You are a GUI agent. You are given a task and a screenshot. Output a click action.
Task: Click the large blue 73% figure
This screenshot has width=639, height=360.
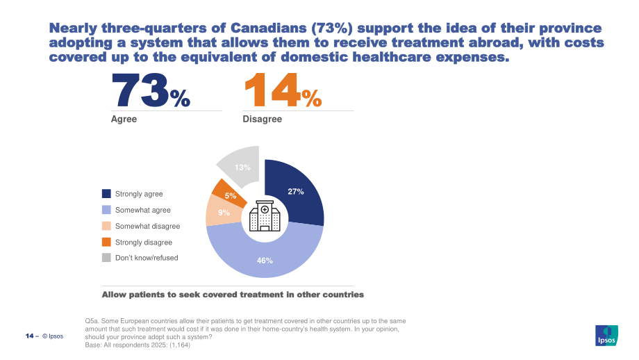(x=151, y=90)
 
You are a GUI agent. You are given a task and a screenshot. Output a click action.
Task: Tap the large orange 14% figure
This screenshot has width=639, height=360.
(x=283, y=90)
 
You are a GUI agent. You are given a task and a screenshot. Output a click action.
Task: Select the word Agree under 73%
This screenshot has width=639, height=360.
(x=124, y=119)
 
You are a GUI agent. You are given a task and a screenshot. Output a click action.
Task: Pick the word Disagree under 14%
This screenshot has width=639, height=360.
(x=262, y=119)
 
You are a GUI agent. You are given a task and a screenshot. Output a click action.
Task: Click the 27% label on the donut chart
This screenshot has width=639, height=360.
(x=296, y=191)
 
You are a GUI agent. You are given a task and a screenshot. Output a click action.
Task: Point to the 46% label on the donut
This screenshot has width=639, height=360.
(x=265, y=261)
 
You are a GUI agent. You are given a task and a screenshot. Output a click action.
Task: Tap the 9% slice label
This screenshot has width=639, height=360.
(x=224, y=213)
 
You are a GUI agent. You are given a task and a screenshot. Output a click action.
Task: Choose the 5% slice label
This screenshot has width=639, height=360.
(x=231, y=196)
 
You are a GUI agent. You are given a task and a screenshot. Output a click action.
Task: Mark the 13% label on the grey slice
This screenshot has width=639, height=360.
(x=242, y=167)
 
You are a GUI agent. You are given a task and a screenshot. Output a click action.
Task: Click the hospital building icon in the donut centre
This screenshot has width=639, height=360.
(x=265, y=215)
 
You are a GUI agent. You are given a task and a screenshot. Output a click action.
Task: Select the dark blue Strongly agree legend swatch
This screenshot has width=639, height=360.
(x=106, y=193)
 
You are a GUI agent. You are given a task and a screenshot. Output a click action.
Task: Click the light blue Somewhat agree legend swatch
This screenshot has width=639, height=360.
(x=106, y=210)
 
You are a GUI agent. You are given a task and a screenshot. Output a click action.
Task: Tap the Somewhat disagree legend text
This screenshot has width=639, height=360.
(x=147, y=227)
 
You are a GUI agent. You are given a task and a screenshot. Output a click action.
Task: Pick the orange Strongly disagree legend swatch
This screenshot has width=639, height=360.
(x=106, y=242)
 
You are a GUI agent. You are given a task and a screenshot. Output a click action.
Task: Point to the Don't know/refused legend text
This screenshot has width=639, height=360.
(x=147, y=258)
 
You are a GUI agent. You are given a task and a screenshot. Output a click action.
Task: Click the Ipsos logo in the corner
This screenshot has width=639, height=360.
(x=606, y=336)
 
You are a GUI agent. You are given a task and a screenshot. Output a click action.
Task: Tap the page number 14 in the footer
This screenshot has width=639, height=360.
(x=29, y=336)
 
